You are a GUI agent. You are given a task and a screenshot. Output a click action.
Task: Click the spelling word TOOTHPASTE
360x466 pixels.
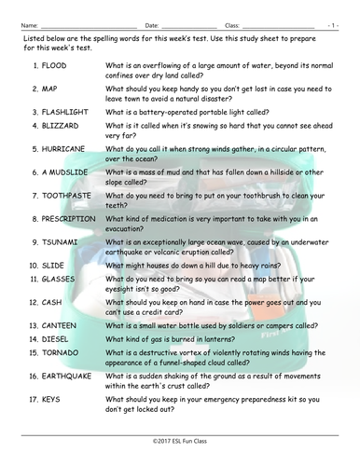[67, 196]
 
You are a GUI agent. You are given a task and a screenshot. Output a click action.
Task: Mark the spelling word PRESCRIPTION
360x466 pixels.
[73, 219]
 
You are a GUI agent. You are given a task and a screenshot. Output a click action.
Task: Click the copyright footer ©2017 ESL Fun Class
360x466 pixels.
[179, 438]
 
